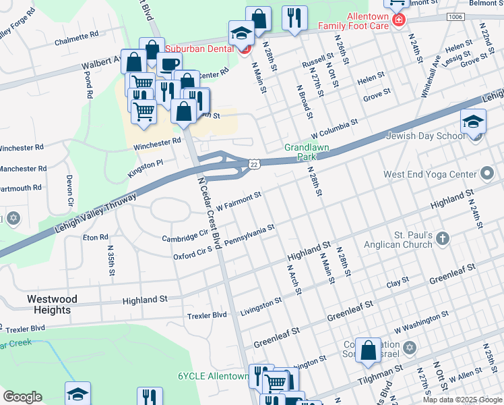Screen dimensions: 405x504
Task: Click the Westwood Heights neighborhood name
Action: click(x=52, y=304)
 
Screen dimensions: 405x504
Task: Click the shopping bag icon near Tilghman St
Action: click(x=369, y=350)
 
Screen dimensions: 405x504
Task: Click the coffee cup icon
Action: click(x=169, y=65)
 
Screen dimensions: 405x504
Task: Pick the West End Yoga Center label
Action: click(x=429, y=174)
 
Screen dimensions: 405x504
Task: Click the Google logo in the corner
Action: click(x=22, y=397)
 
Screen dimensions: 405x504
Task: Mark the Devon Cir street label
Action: click(x=69, y=191)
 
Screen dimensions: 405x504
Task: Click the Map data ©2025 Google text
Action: click(x=462, y=400)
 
